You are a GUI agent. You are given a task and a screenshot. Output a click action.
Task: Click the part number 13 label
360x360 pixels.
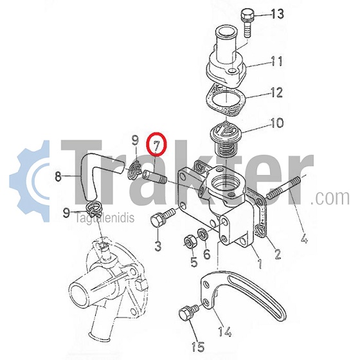pyautogui.click(x=278, y=14)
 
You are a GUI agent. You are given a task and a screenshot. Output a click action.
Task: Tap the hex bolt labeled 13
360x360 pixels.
pyautogui.click(x=246, y=22)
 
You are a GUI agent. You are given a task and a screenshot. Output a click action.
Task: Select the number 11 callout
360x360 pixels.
pyautogui.click(x=276, y=61)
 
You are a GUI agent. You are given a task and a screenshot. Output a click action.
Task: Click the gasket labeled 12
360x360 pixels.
pyautogui.click(x=226, y=99)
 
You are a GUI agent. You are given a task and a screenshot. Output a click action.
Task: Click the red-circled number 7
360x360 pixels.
pyautogui.click(x=156, y=144)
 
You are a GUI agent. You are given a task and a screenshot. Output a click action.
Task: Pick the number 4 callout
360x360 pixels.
pyautogui.click(x=304, y=237)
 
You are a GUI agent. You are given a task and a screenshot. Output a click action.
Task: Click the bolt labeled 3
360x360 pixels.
pyautogui.click(x=162, y=216)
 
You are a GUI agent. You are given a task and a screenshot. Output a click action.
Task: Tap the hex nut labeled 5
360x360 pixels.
pyautogui.click(x=190, y=242)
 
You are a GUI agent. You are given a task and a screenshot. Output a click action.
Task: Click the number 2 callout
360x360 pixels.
pyautogui.click(x=277, y=254)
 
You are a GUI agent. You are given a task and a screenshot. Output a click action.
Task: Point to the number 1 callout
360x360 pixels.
pyautogui.click(x=260, y=264)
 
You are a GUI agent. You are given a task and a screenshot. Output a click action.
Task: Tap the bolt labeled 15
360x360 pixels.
pyautogui.click(x=187, y=313)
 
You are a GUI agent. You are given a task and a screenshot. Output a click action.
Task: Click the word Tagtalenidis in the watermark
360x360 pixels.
pyautogui.click(x=105, y=217)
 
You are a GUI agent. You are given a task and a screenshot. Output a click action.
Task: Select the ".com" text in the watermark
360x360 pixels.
pyautogui.click(x=330, y=197)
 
